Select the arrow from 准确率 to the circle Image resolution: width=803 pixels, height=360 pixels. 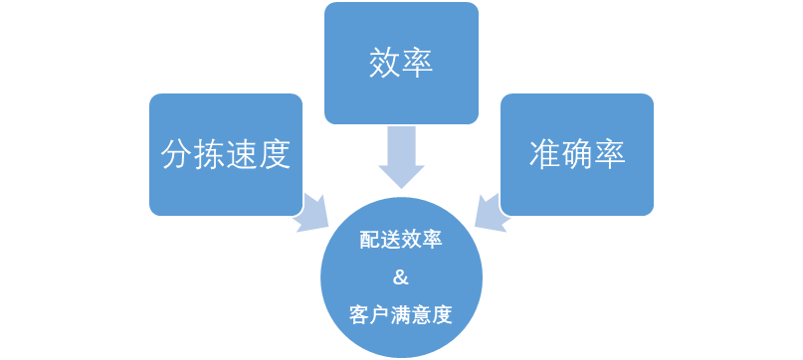coord(489,211)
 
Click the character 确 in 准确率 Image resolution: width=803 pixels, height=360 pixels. coord(577,154)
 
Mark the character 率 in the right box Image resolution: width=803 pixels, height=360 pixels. coord(610,154)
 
